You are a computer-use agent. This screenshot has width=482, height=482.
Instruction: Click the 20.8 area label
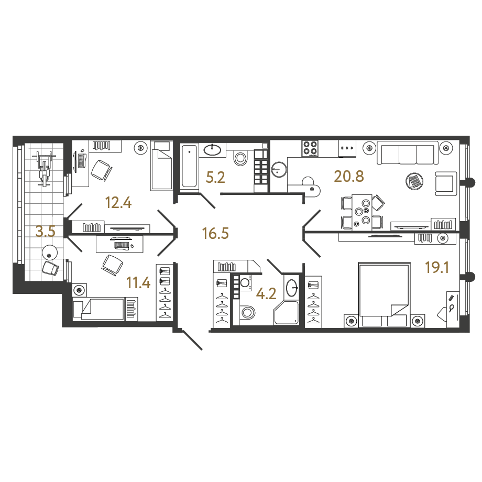tap(349, 177)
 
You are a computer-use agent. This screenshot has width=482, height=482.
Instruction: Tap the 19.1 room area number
tap(437, 267)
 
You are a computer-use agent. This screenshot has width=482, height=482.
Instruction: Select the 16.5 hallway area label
tap(215, 233)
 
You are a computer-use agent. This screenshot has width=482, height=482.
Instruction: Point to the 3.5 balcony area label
tap(45, 232)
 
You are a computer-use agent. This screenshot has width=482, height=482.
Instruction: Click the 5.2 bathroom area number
tap(215, 178)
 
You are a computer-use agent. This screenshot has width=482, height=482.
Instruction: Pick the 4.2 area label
tap(266, 293)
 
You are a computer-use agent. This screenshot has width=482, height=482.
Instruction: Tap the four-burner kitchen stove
tap(310, 148)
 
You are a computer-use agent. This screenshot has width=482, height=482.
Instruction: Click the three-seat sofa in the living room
tap(408, 153)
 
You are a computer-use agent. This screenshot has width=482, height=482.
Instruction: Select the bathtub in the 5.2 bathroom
tap(189, 166)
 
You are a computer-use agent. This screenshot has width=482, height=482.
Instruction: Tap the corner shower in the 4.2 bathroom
tap(286, 313)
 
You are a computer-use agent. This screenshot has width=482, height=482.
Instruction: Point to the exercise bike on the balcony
tap(45, 169)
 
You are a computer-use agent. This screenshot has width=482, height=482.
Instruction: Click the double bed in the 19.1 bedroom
tap(385, 294)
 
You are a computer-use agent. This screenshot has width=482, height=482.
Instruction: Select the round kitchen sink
tap(279, 169)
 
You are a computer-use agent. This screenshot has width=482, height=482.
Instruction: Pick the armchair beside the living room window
tap(444, 183)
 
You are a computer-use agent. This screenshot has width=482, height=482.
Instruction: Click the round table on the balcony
tap(49, 253)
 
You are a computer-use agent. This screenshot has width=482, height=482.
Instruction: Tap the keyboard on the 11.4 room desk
tap(122, 245)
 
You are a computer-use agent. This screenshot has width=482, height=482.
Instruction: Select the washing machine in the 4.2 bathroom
tap(245, 282)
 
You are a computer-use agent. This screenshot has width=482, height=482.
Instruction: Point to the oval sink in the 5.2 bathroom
tap(212, 150)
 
